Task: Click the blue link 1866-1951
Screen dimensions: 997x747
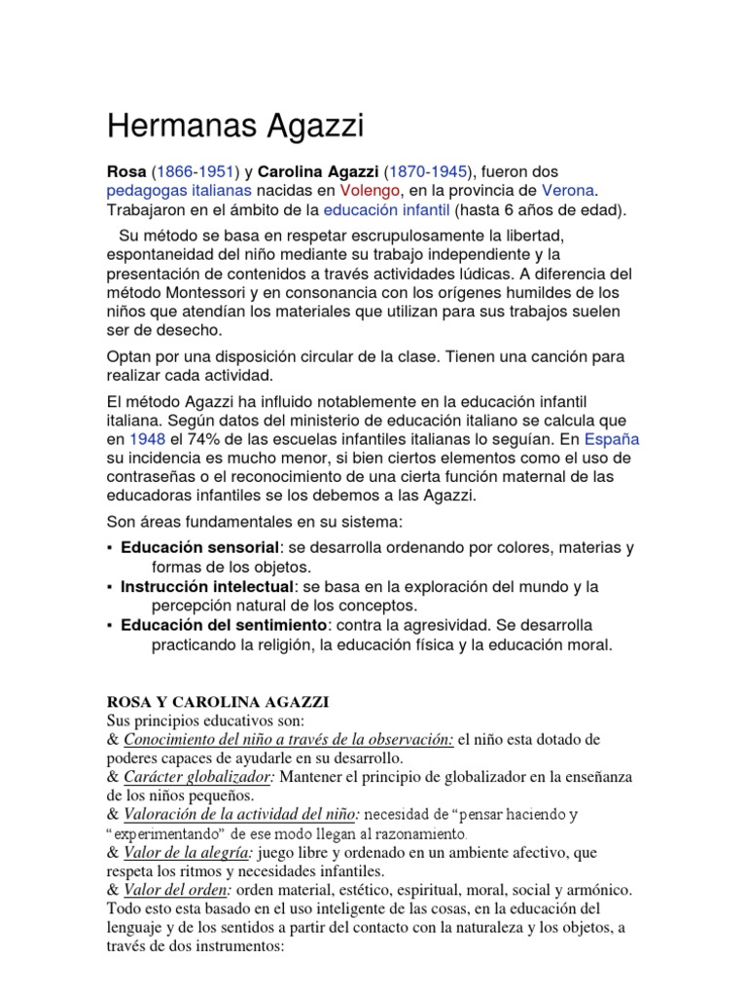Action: pyautogui.click(x=193, y=171)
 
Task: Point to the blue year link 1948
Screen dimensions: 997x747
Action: pyautogui.click(x=148, y=438)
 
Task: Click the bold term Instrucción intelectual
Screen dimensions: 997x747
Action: pyautogui.click(x=206, y=586)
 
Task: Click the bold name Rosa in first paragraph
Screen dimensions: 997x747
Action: pyautogui.click(x=125, y=171)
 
